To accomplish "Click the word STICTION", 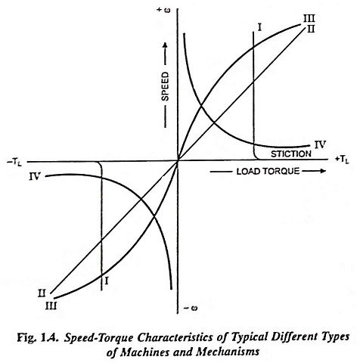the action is tap(291, 154).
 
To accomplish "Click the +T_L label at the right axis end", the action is tap(342, 160).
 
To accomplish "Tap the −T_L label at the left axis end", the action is tap(14, 163).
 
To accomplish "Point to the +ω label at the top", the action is tap(163, 11).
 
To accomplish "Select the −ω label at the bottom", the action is tap(191, 308).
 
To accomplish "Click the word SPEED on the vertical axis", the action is tap(165, 86).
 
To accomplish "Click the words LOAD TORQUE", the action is tap(268, 172).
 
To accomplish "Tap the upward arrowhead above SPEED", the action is tap(165, 45).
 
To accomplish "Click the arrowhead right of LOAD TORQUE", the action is tap(322, 171).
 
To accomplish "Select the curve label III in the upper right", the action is tap(309, 18).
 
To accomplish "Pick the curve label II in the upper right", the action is tap(311, 29).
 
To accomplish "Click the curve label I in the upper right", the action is tap(259, 26).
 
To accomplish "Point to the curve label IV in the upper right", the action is tap(320, 144).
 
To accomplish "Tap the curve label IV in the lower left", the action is tap(35, 176).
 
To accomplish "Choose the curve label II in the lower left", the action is tap(42, 293).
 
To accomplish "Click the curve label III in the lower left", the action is tap(51, 306).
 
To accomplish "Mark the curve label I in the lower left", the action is tap(107, 281).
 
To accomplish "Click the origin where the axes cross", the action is tap(178, 160).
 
